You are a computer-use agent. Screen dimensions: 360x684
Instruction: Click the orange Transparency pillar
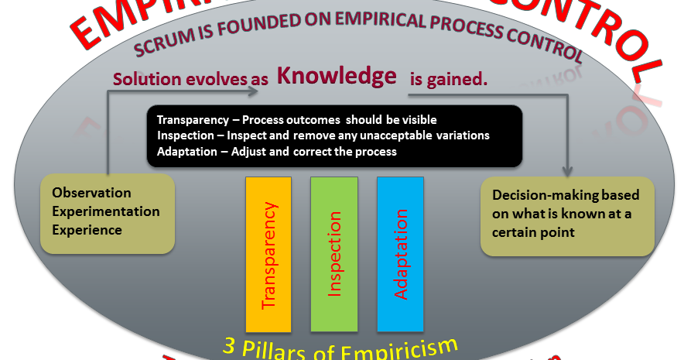[268, 255]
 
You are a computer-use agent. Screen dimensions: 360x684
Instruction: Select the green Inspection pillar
[333, 255]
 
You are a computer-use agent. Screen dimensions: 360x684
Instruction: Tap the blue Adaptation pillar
[400, 255]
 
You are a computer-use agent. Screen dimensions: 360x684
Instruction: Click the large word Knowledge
[337, 76]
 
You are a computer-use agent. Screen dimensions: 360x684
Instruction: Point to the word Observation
[91, 193]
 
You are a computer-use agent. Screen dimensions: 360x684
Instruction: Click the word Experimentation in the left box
[105, 211]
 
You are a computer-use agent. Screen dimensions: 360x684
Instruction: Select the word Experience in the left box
[87, 230]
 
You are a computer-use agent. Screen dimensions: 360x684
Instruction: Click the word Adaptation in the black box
[186, 152]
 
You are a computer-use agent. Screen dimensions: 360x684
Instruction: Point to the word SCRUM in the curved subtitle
[158, 48]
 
